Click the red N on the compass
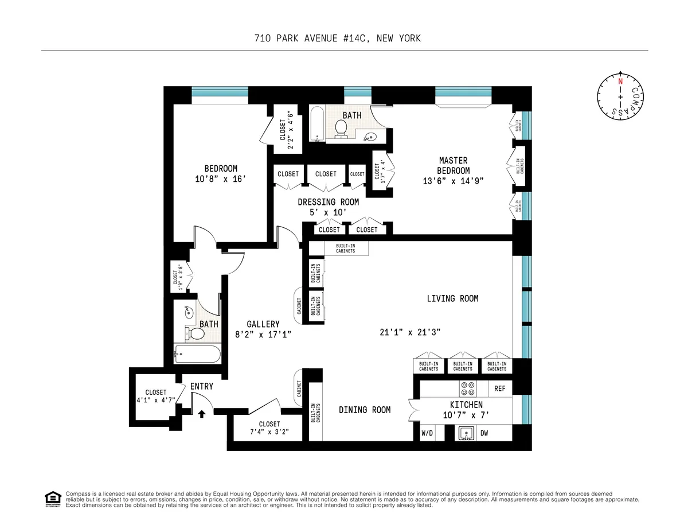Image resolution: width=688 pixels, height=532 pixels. (620, 81)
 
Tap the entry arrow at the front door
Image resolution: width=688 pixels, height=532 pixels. (201, 413)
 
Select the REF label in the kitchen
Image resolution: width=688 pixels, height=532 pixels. (500, 389)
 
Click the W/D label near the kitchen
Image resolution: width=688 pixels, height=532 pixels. (427, 433)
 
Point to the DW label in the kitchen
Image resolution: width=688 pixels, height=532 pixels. (484, 433)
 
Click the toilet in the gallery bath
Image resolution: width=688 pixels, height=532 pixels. (196, 334)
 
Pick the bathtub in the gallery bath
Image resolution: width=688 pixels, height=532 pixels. (197, 354)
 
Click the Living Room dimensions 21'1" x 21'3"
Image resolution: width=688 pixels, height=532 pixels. (409, 332)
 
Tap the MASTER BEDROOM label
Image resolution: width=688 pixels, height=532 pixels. (453, 165)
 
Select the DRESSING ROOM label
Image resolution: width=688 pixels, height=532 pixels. (328, 202)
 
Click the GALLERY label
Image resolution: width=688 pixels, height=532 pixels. (263, 324)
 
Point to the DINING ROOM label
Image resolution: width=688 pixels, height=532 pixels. (365, 410)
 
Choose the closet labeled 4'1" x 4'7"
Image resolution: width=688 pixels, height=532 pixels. (155, 396)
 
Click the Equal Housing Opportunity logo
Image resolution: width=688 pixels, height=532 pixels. (53, 499)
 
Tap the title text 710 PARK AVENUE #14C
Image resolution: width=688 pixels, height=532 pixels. (337, 38)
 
